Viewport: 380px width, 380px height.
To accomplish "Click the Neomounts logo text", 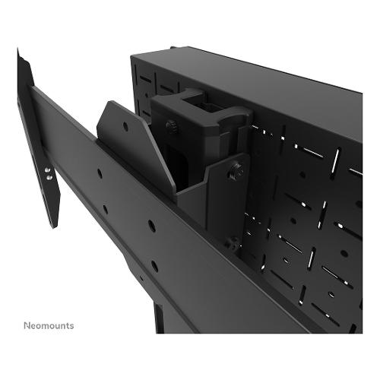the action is pyautogui.click(x=49, y=325).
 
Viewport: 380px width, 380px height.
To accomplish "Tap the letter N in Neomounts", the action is pyautogui.click(x=27, y=325).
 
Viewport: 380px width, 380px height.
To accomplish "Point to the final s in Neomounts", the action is pyautogui.click(x=72, y=326).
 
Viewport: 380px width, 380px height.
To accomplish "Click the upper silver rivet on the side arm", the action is pyautogui.click(x=47, y=170).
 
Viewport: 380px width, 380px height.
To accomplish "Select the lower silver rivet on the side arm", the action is pyautogui.click(x=49, y=177).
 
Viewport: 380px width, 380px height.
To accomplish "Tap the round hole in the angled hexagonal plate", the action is pyautogui.click(x=125, y=126).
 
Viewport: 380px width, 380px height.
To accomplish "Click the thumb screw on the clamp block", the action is pyautogui.click(x=171, y=126).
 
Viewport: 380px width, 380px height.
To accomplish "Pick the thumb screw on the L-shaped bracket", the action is pyautogui.click(x=236, y=170).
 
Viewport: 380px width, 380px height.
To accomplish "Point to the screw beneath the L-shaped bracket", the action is pyautogui.click(x=233, y=242).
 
